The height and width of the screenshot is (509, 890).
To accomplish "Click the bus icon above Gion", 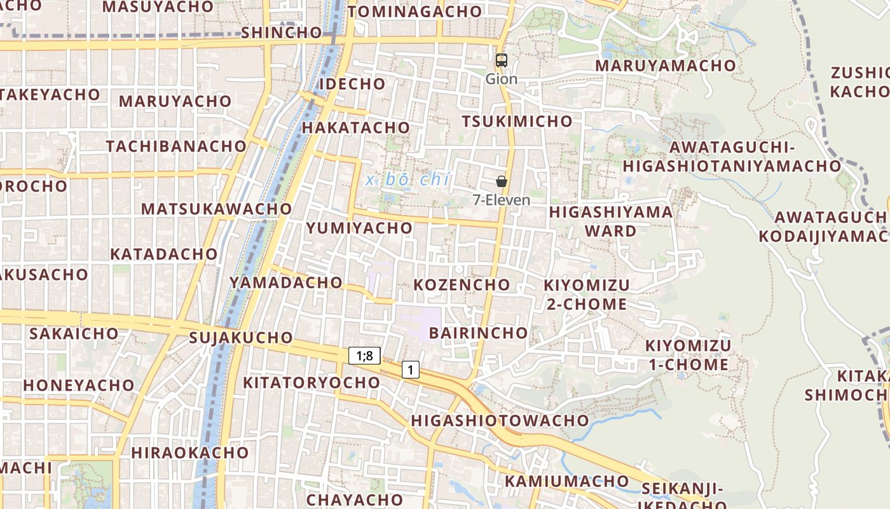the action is pos(502,60).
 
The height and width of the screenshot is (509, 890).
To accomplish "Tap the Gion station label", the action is pos(502,79).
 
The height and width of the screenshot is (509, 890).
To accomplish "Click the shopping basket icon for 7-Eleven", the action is pos(502,181).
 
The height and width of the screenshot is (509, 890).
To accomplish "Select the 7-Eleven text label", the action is pos(502,200).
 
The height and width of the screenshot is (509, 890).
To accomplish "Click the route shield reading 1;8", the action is pos(364,356).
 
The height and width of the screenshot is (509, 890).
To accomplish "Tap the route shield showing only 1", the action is pos(411,369).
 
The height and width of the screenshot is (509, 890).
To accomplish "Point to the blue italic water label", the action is pos(407,180).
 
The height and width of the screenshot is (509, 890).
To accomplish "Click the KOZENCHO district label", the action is pos(462,284).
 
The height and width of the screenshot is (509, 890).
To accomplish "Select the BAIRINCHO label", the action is pos(479,333).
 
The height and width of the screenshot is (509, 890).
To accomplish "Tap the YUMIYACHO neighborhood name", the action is pos(359,228).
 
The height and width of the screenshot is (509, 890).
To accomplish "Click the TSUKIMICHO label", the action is pos(517,121).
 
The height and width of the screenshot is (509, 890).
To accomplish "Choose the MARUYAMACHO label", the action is pos(665,66).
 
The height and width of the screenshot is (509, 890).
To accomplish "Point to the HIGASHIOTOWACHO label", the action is pos(500,421).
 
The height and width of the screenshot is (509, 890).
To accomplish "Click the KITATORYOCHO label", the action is pos(311,382).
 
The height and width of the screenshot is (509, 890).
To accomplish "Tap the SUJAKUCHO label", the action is pos(241,337).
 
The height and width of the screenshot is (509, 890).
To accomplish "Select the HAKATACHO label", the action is pos(356,127).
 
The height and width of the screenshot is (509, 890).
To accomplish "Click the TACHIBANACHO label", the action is pos(176,146).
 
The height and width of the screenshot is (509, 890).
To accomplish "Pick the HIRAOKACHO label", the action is pos(189,453).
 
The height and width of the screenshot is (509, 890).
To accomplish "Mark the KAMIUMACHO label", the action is pos(567,481).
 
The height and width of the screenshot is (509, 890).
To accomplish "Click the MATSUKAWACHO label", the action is pos(216,209).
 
